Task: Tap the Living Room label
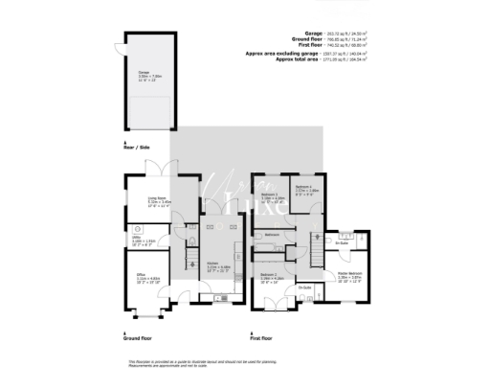158,202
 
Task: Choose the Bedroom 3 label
274,197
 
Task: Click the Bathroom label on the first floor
271,234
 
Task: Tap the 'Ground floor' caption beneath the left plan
138,337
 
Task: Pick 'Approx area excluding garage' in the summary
288,54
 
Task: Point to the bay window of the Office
143,317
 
